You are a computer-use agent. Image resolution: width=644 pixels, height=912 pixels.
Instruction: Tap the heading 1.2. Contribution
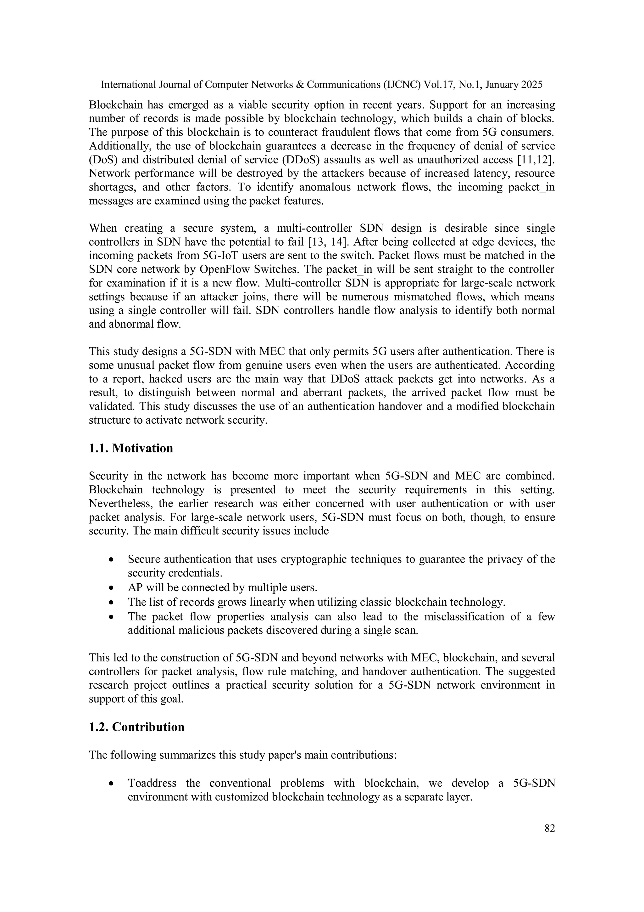coord(136,727)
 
